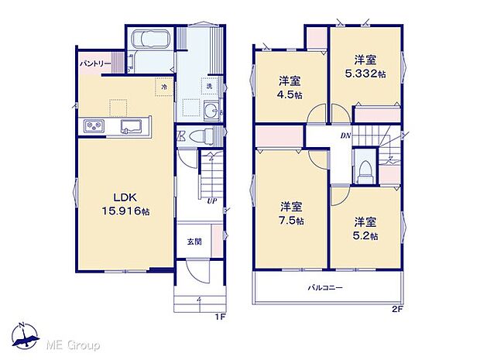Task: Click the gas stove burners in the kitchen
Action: click(x=94, y=125)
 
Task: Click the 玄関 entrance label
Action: click(x=194, y=242)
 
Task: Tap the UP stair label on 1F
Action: click(x=211, y=200)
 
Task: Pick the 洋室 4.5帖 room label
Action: click(x=290, y=86)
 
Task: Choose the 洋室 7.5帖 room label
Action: click(x=291, y=213)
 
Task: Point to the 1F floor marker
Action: click(x=219, y=317)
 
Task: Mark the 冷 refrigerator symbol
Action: click(x=164, y=87)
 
